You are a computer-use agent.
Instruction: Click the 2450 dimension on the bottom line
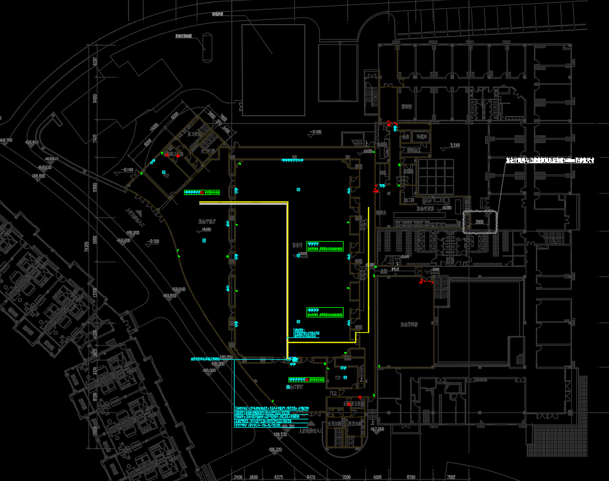click(238, 477)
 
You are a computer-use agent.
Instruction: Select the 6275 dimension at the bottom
click(278, 477)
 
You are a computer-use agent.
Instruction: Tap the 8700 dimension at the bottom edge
click(411, 477)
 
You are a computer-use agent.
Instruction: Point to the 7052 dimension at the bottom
click(451, 477)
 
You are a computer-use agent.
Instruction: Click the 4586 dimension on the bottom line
click(378, 477)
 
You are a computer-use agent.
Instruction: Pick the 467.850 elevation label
click(376, 428)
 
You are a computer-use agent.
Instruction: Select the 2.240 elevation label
click(455, 145)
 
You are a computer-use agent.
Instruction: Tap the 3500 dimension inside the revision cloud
click(479, 223)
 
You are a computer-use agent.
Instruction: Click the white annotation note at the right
click(549, 160)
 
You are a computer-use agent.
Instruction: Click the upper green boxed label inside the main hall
click(324, 246)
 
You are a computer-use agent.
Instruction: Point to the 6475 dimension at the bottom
click(311, 477)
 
